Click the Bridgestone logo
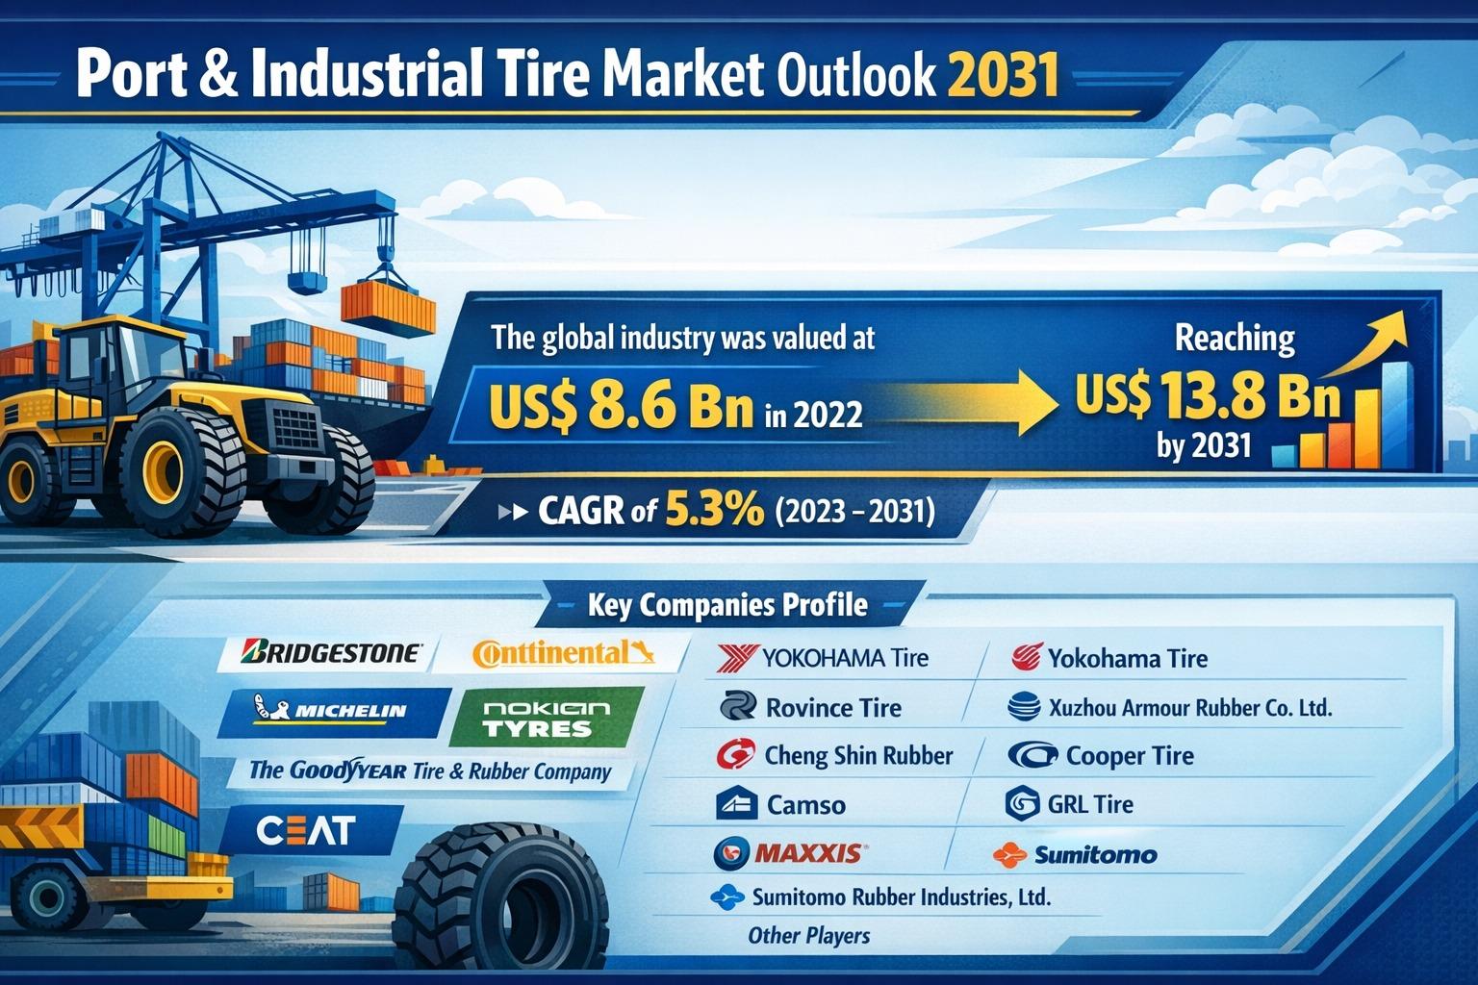[329, 652]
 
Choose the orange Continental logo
[563, 654]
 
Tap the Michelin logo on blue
[331, 710]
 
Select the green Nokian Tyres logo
[546, 719]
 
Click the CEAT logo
[305, 831]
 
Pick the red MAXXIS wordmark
[808, 853]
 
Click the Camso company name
[805, 805]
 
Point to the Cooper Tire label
[1130, 755]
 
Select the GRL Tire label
[1090, 804]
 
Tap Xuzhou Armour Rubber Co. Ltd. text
[1190, 708]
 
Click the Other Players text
[808, 935]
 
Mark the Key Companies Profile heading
[727, 604]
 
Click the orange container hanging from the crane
[388, 308]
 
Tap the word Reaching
[1235, 338]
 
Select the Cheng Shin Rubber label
[858, 755]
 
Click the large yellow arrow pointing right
[963, 402]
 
